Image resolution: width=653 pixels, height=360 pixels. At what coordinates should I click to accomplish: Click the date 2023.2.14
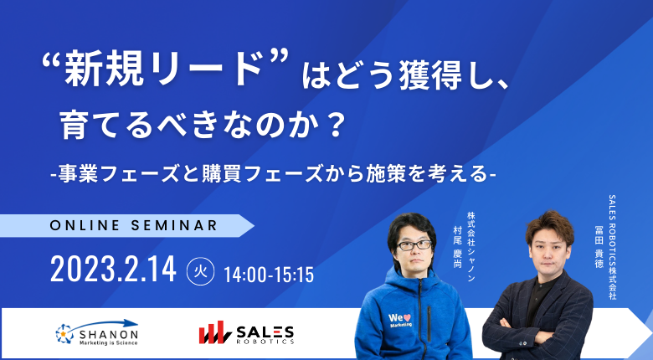113,269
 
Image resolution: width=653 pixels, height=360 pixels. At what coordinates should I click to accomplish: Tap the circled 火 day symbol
200,271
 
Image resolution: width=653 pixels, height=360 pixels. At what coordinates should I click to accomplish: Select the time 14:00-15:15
269,275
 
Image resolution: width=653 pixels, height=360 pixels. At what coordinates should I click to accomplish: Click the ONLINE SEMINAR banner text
133,225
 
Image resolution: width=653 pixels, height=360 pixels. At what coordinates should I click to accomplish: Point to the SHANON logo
96,332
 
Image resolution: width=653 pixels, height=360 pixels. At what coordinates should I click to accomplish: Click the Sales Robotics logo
246,332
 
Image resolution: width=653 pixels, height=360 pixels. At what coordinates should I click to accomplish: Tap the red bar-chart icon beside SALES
214,332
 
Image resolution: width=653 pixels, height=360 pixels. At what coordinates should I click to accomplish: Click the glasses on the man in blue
414,245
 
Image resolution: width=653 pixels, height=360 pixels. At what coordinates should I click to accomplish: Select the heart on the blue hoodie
407,318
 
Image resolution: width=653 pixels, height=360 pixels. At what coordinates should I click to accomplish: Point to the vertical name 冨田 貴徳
599,247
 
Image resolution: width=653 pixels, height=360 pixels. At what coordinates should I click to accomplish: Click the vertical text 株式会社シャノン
471,247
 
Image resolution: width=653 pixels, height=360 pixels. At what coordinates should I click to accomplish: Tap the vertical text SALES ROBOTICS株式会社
612,247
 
